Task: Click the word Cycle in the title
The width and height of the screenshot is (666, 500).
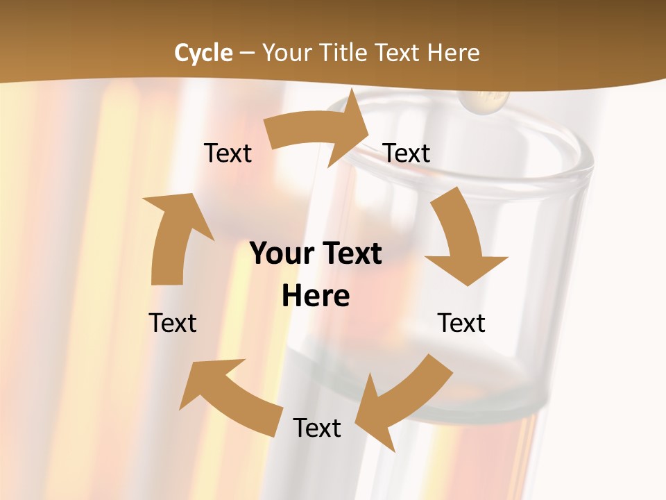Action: point(203,53)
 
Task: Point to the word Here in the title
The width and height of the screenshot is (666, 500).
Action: point(454,53)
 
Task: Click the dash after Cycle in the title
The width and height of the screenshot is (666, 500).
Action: point(246,53)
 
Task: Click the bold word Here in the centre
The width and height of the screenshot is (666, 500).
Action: point(315,296)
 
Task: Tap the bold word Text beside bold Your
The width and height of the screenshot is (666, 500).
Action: point(350,253)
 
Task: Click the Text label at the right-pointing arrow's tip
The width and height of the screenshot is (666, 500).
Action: point(407,153)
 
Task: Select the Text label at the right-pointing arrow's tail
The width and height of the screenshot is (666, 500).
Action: point(228,153)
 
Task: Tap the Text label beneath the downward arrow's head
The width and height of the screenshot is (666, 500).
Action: point(461,323)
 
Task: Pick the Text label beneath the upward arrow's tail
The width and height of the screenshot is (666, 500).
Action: point(173,323)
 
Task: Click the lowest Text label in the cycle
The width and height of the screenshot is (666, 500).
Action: point(317,428)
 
